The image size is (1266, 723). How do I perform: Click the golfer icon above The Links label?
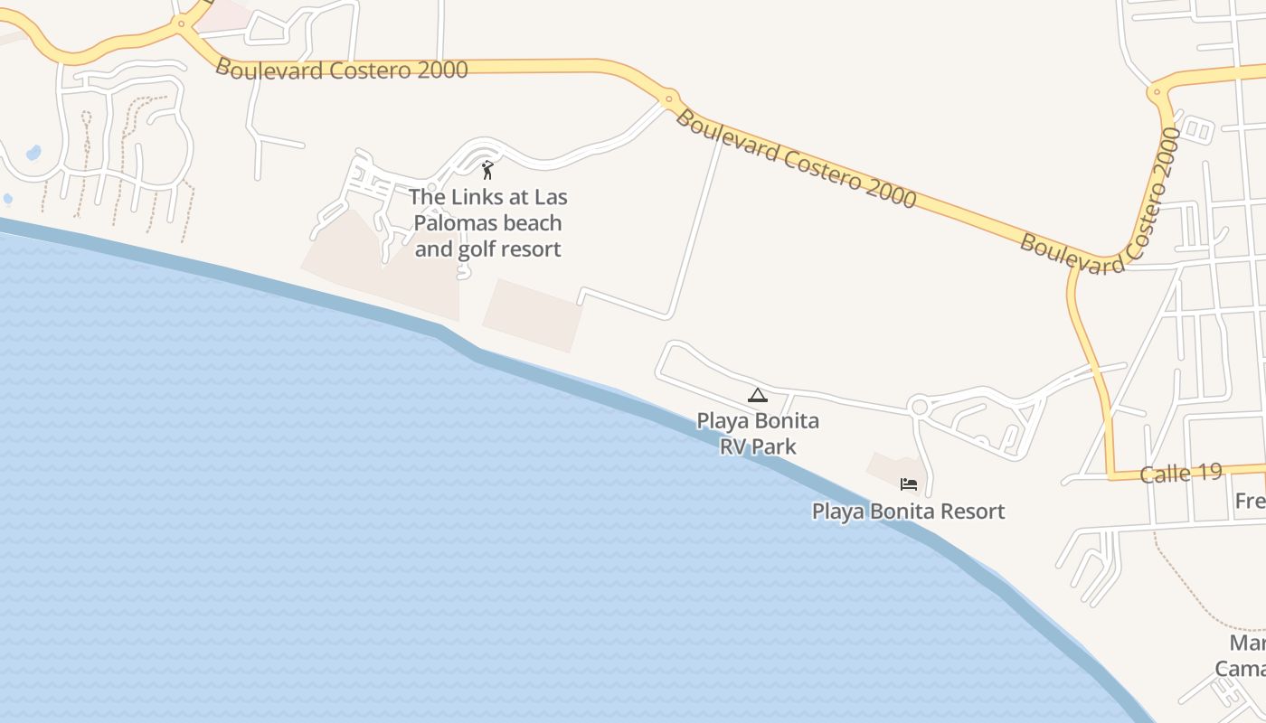coord(487,169)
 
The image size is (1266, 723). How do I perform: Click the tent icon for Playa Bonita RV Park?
coord(757,395)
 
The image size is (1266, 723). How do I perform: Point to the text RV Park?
coord(758,446)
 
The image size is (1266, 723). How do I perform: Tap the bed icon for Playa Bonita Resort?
coord(909,485)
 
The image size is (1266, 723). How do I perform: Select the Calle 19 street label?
coord(1181,473)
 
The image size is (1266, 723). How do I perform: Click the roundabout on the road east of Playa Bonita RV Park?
coord(920,407)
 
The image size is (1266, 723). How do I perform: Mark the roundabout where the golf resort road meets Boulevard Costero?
coord(669,98)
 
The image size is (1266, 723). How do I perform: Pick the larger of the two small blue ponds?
coord(33,153)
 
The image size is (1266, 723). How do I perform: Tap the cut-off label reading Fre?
coord(1250,501)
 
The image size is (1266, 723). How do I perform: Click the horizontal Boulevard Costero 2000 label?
coord(342,70)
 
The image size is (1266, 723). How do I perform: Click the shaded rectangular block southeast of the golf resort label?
coord(534,315)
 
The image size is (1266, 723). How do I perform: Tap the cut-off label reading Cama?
coord(1240,669)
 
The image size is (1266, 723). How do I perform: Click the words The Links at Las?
coord(488,197)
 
